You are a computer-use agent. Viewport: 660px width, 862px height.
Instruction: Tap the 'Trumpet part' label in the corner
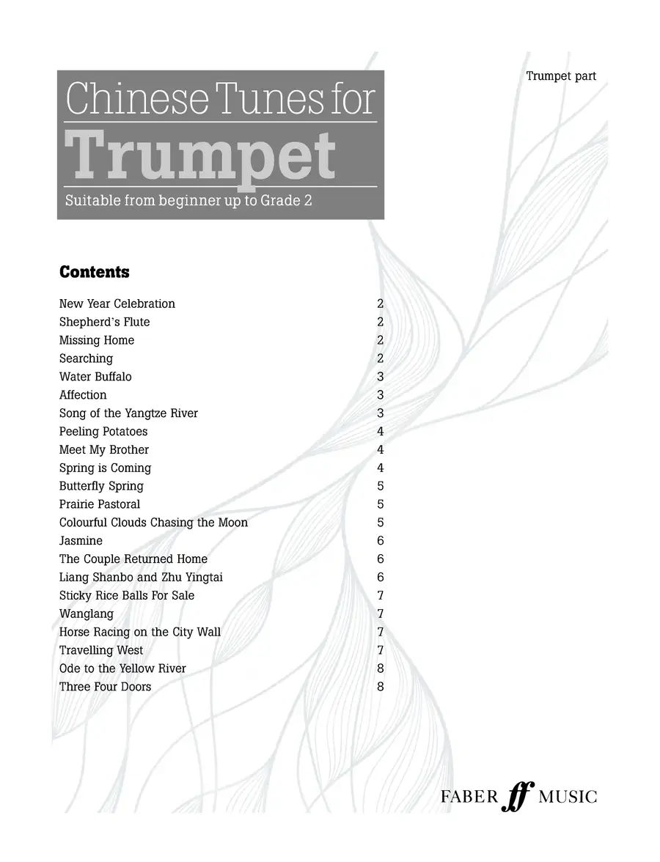coord(561,76)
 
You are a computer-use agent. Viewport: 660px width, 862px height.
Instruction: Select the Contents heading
coord(94,273)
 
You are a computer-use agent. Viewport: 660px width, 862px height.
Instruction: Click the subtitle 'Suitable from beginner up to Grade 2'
coord(188,200)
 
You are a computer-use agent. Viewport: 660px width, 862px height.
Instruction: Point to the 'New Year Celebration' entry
coord(117,303)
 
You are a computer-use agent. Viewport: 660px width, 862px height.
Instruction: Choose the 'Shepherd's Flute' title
coord(104,322)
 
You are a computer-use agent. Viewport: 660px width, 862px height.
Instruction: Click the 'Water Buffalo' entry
coord(95,377)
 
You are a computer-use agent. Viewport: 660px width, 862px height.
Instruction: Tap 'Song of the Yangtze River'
coord(128,413)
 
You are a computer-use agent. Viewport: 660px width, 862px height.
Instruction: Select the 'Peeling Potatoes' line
coord(103,432)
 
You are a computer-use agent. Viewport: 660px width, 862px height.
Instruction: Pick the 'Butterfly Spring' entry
coord(101,486)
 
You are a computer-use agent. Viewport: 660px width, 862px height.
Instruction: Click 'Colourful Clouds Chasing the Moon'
coord(153,523)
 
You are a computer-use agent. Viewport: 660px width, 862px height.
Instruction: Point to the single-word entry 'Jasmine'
coord(81,541)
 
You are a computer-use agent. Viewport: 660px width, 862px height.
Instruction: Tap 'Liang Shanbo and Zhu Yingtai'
coord(141,578)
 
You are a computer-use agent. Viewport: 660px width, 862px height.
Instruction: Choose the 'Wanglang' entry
coord(87,614)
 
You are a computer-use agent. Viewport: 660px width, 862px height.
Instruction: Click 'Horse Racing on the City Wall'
coord(140,632)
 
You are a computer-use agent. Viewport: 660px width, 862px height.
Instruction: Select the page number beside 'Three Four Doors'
coord(380,687)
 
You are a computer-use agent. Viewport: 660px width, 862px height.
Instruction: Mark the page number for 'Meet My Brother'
coord(380,450)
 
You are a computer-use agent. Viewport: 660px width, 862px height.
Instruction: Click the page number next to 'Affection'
coord(380,395)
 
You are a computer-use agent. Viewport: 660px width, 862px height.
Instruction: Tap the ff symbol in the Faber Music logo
coord(518,797)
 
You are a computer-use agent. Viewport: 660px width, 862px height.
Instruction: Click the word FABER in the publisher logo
coord(469,797)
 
